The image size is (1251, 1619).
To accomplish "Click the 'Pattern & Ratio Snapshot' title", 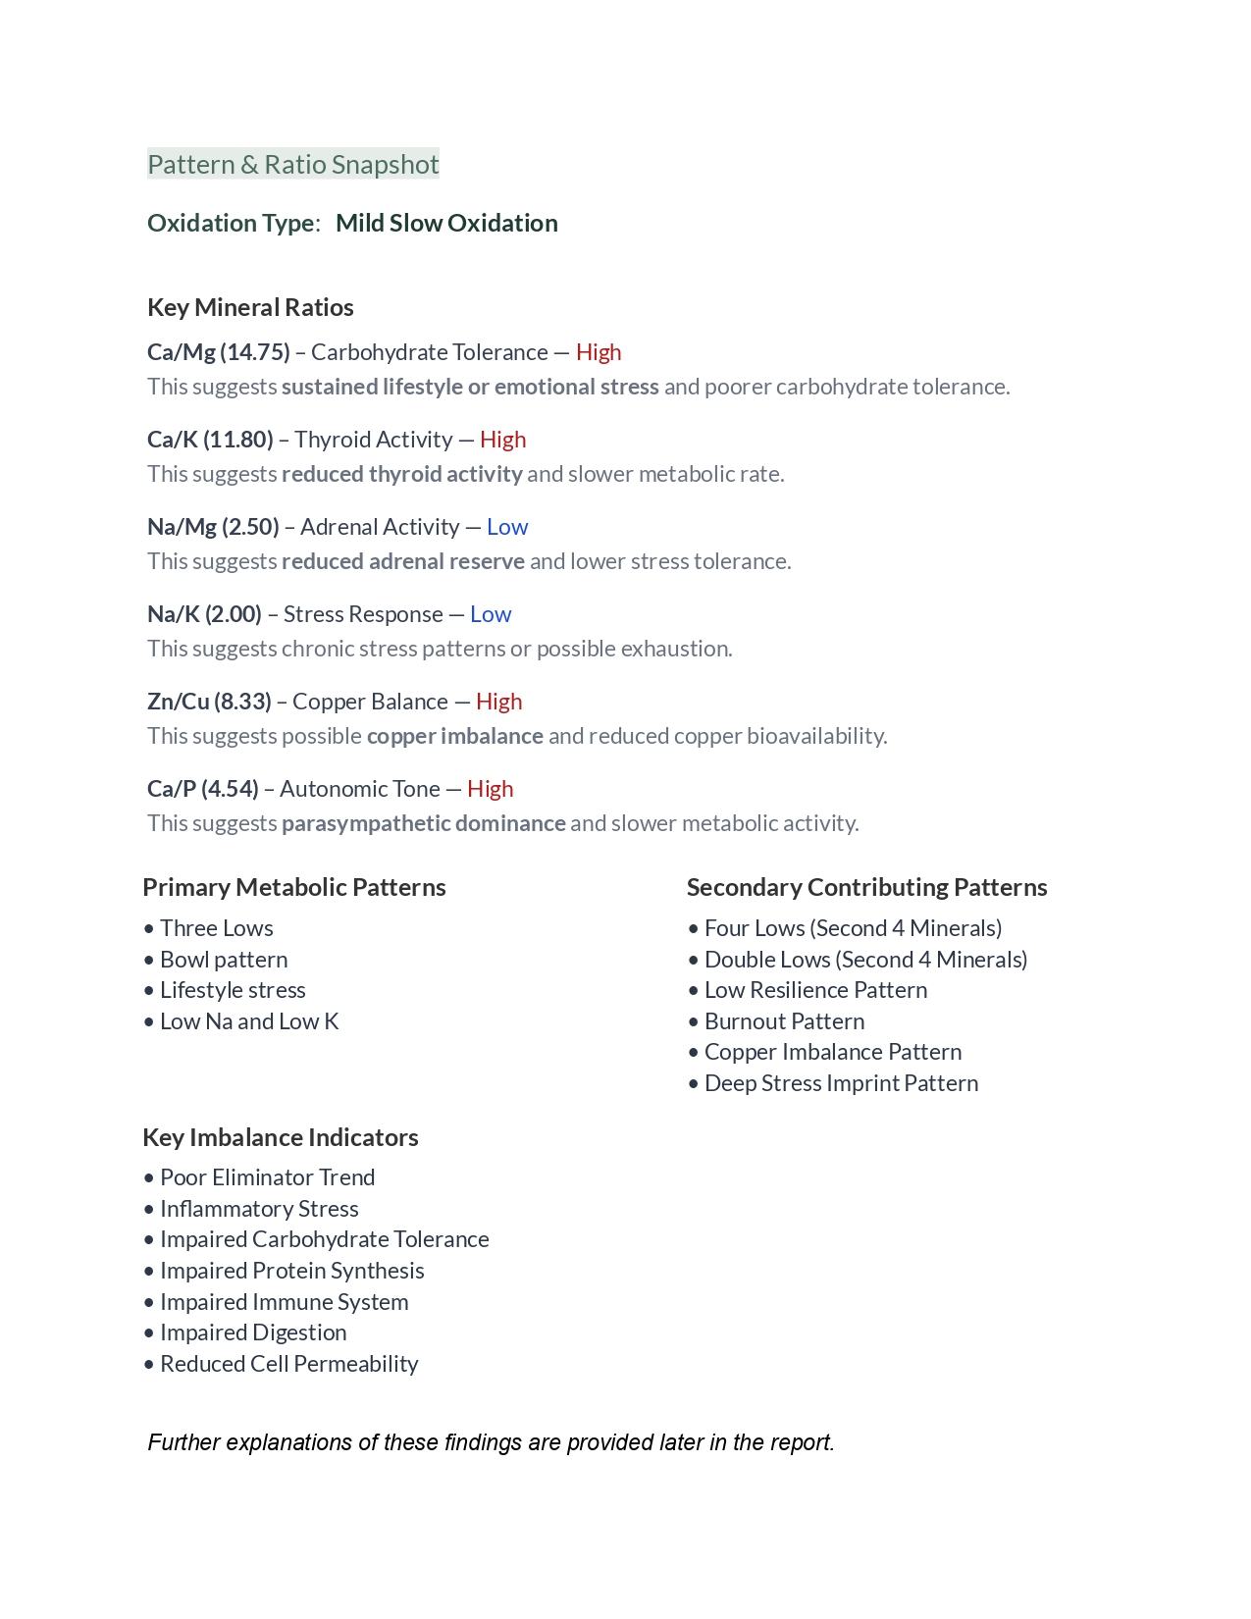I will (292, 165).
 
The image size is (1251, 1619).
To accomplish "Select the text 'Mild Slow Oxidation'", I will (446, 224).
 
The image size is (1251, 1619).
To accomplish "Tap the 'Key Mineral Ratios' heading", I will (250, 308).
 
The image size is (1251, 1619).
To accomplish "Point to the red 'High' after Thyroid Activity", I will (502, 440).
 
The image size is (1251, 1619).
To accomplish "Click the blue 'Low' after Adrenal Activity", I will (507, 527).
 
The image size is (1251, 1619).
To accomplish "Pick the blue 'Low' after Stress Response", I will (491, 614).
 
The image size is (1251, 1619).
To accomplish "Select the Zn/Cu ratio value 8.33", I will (243, 702).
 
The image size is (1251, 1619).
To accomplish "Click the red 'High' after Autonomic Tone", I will (490, 789).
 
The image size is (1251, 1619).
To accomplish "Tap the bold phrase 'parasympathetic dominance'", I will (423, 823).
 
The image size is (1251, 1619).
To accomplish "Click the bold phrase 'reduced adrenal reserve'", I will (402, 561).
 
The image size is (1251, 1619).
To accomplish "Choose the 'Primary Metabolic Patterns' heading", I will (294, 888).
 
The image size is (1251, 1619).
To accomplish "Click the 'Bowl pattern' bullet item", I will (224, 960).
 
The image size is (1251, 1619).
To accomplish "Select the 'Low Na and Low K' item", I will (249, 1021).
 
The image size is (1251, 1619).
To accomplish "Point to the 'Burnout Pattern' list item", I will (784, 1021).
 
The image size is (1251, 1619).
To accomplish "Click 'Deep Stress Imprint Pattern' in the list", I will (841, 1083).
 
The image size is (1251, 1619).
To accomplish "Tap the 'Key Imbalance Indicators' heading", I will (281, 1138).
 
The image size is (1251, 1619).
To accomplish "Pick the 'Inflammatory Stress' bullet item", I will (259, 1209).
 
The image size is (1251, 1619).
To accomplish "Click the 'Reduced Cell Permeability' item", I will (288, 1364).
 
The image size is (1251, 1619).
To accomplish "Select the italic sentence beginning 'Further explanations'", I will (491, 1442).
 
